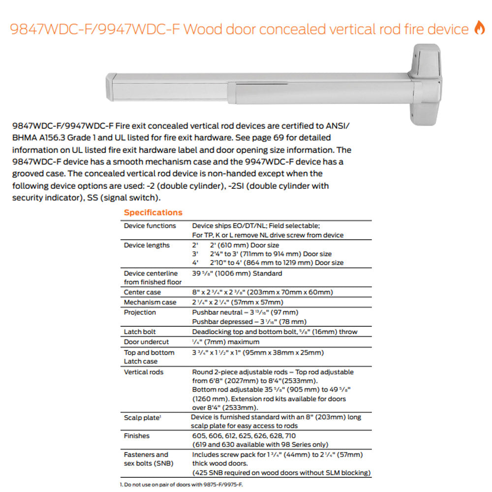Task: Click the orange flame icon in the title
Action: click(479, 29)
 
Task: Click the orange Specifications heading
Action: click(153, 213)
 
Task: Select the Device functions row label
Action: click(150, 226)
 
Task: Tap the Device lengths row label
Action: click(147, 245)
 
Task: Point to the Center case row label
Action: click(142, 292)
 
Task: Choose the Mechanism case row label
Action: click(150, 302)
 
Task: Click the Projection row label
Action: click(140, 312)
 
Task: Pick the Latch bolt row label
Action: click(140, 332)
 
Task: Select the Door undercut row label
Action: click(146, 342)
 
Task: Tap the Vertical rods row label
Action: click(144, 372)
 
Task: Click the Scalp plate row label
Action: click(142, 418)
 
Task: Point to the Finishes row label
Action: click(137, 436)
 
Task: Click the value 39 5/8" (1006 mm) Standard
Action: click(237, 274)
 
